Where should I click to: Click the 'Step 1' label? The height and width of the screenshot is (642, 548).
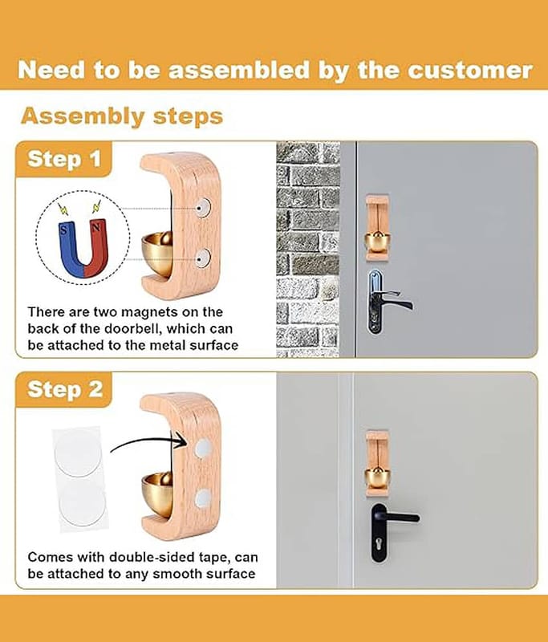click(x=64, y=159)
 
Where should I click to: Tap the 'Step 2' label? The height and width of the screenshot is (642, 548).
click(x=65, y=389)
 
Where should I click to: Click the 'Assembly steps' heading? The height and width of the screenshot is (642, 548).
click(x=122, y=116)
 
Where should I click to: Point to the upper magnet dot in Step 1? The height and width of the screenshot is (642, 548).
click(x=202, y=208)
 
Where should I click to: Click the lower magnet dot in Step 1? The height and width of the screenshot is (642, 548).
click(x=202, y=258)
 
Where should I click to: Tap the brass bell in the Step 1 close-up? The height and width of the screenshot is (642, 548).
click(x=157, y=253)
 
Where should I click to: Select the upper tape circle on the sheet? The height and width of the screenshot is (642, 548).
click(x=77, y=452)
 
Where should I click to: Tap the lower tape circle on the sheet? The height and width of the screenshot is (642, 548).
click(x=83, y=501)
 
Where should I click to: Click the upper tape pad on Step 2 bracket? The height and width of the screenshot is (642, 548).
click(x=202, y=448)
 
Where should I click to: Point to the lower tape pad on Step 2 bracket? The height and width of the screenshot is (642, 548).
click(x=202, y=498)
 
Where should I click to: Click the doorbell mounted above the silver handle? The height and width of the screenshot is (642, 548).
click(x=377, y=228)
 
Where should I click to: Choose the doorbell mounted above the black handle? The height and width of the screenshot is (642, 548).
click(x=377, y=464)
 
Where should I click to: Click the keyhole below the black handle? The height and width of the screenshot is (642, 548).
click(x=379, y=544)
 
